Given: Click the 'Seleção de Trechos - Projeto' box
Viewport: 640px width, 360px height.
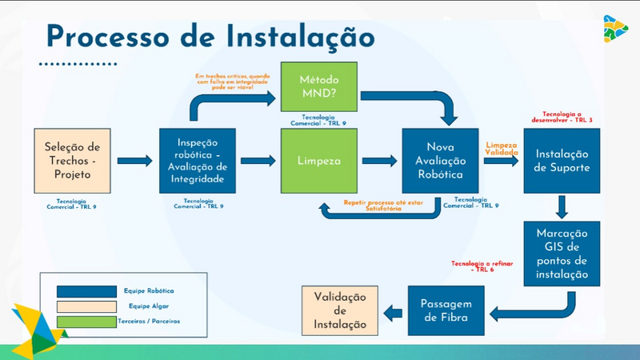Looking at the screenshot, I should coord(72,160).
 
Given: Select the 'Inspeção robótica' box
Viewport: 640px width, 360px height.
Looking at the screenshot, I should coord(198,160).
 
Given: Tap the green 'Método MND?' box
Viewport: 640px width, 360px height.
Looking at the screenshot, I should coord(318,86).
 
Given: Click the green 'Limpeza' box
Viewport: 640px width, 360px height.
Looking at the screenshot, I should coord(318,160).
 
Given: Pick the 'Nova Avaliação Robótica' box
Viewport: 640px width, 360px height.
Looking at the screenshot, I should coord(440,160).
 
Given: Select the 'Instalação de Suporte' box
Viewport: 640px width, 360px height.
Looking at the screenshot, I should coord(562,160).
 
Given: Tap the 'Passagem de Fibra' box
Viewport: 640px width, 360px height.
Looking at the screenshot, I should coord(446,310).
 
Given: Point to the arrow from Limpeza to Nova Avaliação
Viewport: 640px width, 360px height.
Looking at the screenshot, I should coord(380,160).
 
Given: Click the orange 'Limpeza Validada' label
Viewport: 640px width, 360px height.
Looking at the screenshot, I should coord(502,148).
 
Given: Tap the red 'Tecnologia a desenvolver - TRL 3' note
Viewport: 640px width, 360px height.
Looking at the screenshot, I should coord(562,117).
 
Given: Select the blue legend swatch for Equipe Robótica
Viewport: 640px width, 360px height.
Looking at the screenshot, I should coord(84,290).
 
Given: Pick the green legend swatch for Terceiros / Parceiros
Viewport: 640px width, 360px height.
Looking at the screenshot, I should coord(84,320).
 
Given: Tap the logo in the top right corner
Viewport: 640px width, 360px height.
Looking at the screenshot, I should coord(615,29).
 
